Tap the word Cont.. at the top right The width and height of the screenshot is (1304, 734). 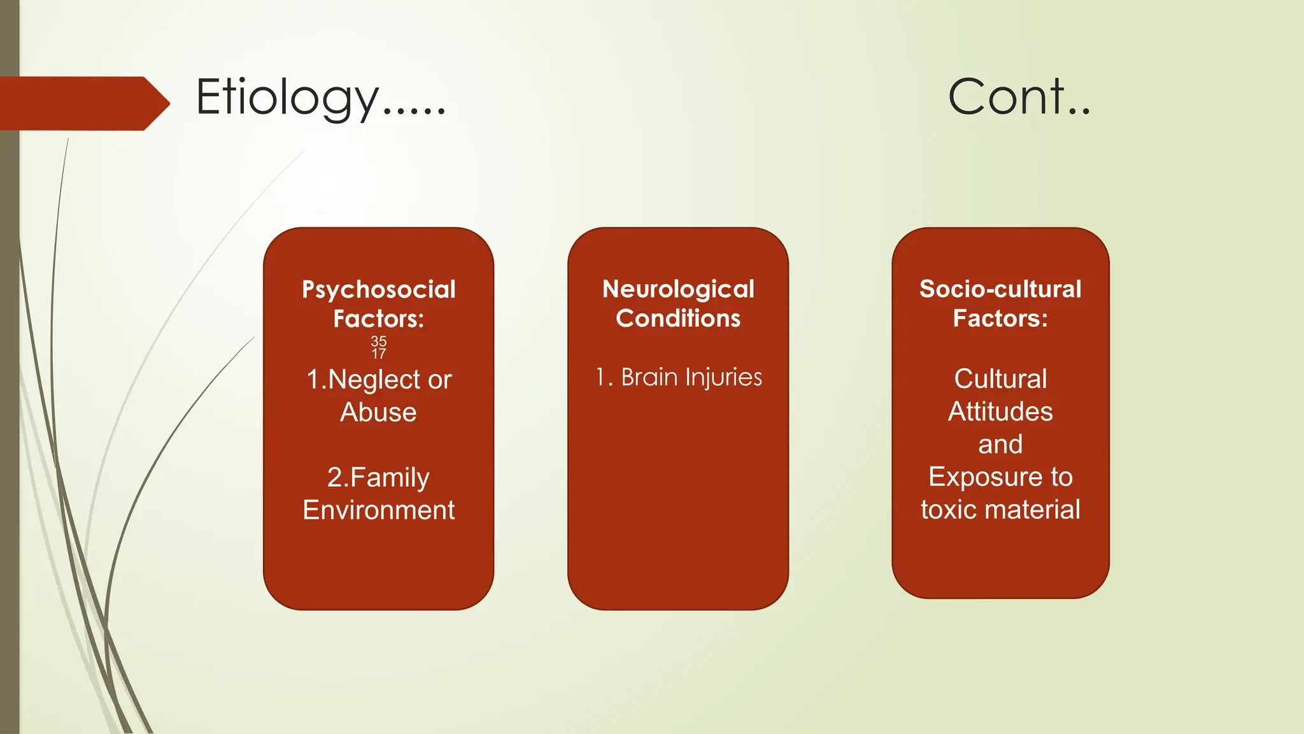(1019, 97)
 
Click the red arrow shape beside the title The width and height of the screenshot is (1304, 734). (83, 103)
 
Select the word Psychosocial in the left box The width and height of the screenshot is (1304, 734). (379, 290)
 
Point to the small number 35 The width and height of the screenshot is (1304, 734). (379, 342)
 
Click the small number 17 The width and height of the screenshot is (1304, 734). (379, 354)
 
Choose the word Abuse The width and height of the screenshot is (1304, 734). (378, 412)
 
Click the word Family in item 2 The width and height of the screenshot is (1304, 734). (390, 478)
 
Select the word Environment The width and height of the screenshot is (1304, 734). (379, 510)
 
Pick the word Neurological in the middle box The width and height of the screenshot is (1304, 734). (678, 289)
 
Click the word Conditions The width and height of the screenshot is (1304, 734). (678, 318)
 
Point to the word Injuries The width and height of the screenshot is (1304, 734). (723, 377)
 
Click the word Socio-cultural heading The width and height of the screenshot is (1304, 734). (1000, 289)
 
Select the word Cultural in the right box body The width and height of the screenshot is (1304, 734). (1000, 379)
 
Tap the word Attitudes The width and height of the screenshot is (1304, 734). (1000, 412)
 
